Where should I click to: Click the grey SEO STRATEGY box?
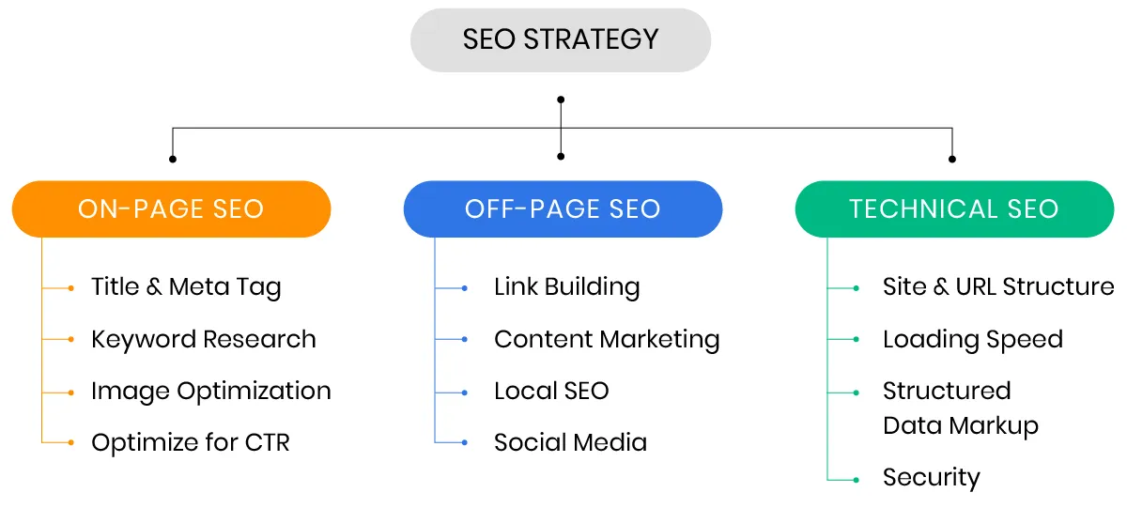561,39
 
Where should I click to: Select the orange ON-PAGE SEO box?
171,208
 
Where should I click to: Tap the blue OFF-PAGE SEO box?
563,208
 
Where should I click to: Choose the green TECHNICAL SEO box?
954,208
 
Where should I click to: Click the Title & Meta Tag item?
186,287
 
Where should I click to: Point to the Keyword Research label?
203,339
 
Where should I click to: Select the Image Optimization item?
210,391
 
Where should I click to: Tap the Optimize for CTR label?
190,442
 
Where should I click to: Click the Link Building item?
566,287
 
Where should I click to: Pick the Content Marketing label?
607,339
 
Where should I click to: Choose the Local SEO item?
551,391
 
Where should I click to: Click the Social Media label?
570,442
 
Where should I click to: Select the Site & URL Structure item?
998,287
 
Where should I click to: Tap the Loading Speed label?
972,339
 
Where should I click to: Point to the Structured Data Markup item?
960,408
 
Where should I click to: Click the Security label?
931,477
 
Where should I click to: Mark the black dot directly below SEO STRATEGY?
561,99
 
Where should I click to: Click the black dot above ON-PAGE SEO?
172,158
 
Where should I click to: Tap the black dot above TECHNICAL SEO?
952,158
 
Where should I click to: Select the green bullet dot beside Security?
857,480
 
